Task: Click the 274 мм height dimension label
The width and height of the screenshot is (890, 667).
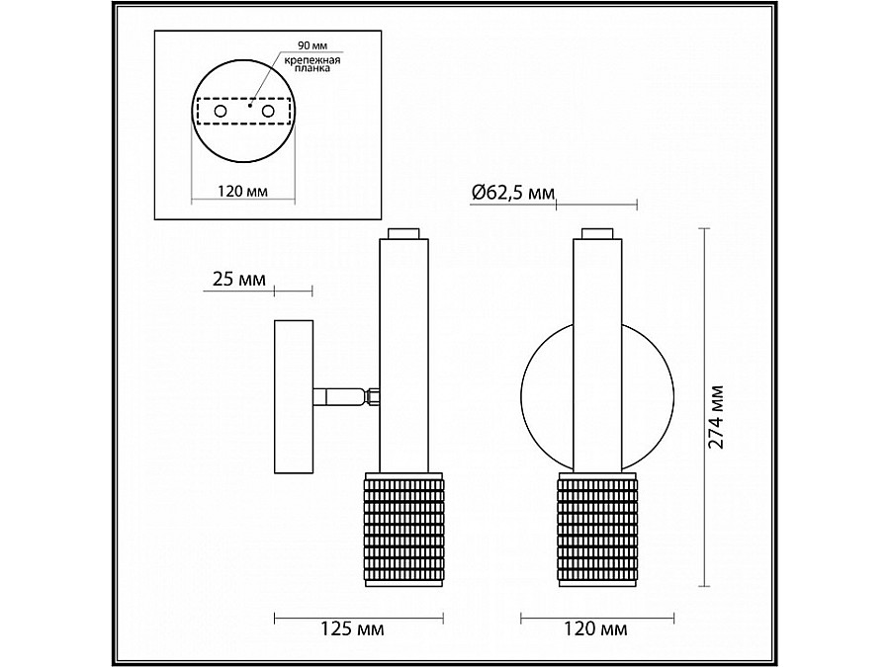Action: tap(717, 416)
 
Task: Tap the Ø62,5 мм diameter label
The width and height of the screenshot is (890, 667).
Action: tap(512, 193)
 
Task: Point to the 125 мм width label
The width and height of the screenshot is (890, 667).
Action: tap(352, 628)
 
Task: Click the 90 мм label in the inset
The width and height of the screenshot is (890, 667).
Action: tap(312, 45)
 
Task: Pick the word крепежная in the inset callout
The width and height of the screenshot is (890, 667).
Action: tap(312, 60)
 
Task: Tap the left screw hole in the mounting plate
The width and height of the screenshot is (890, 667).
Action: tap(221, 112)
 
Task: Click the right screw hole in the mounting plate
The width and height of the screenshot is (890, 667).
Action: tap(268, 112)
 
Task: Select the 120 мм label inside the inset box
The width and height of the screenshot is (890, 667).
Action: tap(243, 191)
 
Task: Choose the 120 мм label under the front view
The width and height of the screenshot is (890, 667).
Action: tap(595, 628)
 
